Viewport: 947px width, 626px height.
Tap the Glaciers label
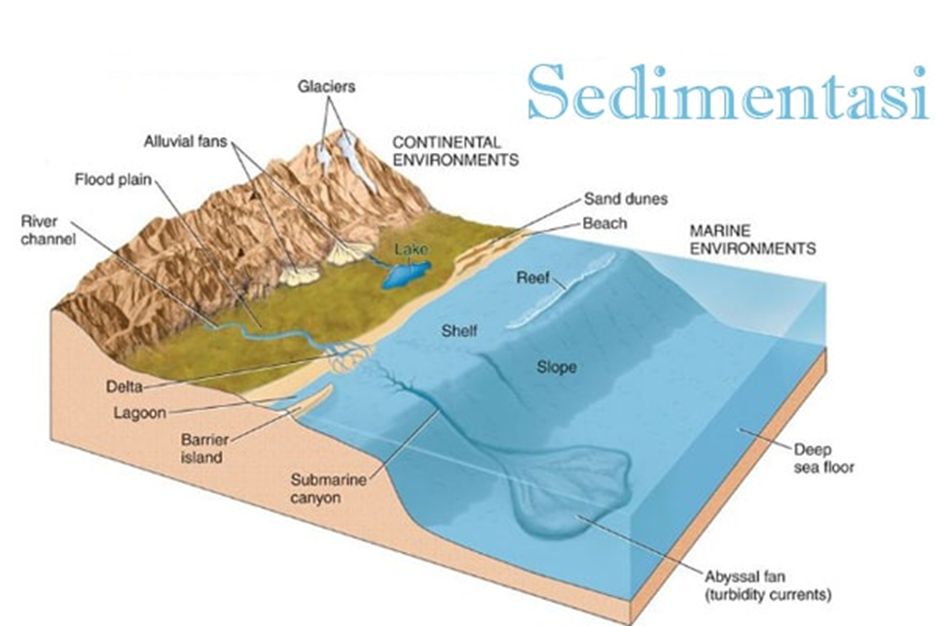pyautogui.click(x=327, y=87)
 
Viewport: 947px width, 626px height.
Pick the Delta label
pyautogui.click(x=117, y=387)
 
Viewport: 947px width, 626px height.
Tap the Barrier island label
pyautogui.click(x=203, y=448)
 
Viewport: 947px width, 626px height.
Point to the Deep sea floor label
pyautogui.click(x=822, y=459)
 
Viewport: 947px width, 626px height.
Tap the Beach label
pyautogui.click(x=604, y=223)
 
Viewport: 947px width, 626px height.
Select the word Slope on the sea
pyautogui.click(x=557, y=367)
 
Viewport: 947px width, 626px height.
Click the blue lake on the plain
pyautogui.click(x=404, y=274)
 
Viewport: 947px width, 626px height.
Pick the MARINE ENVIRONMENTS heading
pyautogui.click(x=751, y=240)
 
